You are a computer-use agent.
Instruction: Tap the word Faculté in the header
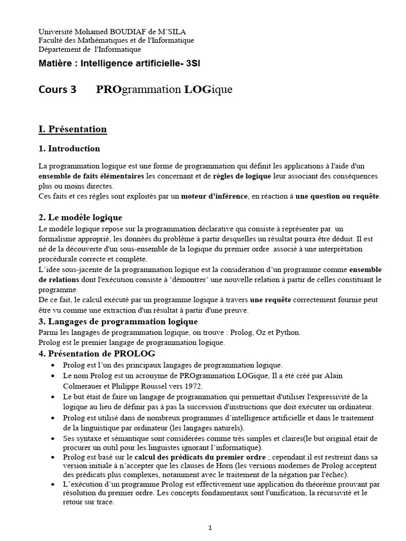coord(51,41)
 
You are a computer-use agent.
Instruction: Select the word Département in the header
coord(60,50)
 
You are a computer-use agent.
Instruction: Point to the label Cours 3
coord(58,89)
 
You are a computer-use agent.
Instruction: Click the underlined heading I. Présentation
coord(73,129)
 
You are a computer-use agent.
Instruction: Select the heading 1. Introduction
coord(69,148)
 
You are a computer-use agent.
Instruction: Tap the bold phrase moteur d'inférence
coord(214,197)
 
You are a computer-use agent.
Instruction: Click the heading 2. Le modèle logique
coord(80,218)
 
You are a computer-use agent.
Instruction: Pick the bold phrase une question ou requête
coord(337,197)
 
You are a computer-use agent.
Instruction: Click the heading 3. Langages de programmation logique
coord(118,321)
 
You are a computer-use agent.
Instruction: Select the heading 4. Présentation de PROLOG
coord(97,353)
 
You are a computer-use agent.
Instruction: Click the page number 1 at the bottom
coord(210,527)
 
